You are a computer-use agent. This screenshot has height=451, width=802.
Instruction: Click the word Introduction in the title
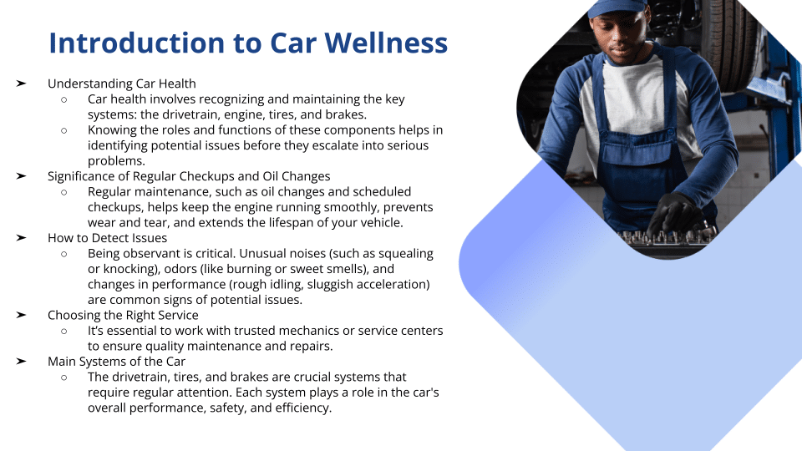[136, 43]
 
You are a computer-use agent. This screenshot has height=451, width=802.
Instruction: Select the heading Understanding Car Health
[122, 84]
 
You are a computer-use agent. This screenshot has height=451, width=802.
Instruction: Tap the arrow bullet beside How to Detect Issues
[21, 238]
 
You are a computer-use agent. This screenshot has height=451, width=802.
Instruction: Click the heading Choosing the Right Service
[123, 315]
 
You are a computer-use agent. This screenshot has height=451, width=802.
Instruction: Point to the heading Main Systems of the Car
[116, 362]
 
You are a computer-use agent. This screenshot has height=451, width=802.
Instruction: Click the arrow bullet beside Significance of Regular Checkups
[21, 176]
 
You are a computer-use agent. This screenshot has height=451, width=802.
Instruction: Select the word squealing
[406, 254]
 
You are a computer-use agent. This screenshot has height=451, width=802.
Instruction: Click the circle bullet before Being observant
[64, 254]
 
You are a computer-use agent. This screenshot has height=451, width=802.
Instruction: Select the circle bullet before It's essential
[64, 332]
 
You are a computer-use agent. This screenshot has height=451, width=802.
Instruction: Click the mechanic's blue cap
[617, 8]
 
